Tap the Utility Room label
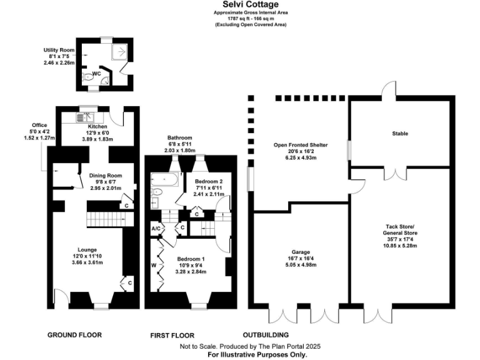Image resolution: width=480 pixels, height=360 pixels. click(59, 50)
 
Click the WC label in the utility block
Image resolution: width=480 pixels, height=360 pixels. click(96, 74)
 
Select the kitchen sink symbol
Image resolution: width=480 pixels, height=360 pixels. click(84, 116)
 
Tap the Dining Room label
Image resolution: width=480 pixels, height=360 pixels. click(106, 176)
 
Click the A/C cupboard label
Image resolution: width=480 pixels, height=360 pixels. click(156, 229)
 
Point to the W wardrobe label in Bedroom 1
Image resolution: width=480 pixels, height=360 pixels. click(153, 264)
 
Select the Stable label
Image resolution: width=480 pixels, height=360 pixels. click(400, 134)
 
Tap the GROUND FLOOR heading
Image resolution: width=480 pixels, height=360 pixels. click(74, 335)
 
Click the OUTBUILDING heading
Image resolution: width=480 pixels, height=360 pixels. click(266, 335)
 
